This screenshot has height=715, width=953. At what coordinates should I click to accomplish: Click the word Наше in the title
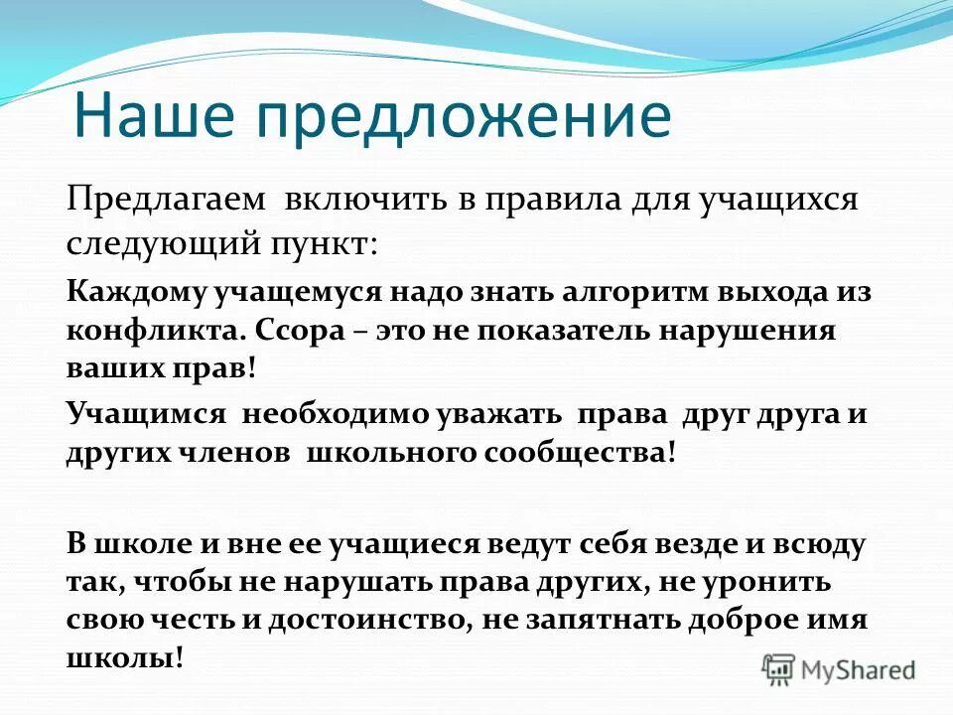(x=153, y=115)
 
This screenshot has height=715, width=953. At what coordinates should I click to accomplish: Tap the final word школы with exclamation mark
(x=126, y=658)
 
